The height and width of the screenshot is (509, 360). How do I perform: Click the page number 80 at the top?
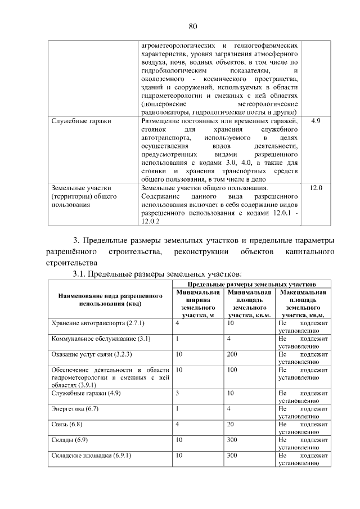(x=192, y=26)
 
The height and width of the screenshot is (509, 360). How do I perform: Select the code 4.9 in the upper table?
(x=316, y=121)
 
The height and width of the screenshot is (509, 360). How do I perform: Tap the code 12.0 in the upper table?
(x=316, y=187)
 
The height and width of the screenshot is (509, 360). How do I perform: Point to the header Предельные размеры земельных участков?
(x=250, y=285)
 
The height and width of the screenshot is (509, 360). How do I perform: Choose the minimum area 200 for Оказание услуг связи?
(x=233, y=355)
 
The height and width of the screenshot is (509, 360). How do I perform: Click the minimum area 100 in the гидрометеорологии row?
(x=233, y=371)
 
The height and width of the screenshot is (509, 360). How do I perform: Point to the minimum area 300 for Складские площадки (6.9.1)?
(x=233, y=455)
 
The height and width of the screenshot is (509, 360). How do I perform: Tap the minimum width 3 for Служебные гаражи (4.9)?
(x=178, y=393)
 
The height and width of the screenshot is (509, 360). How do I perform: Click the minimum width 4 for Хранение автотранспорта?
(x=178, y=323)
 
